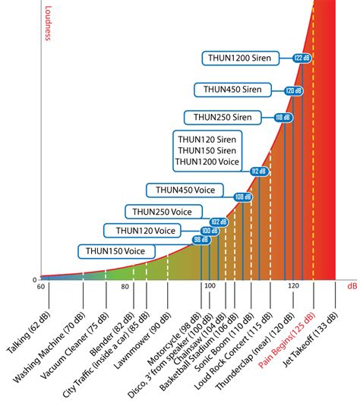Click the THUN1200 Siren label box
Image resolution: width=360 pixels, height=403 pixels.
pyautogui.click(x=240, y=58)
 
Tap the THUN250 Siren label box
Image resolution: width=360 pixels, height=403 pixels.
pyautogui.click(x=223, y=117)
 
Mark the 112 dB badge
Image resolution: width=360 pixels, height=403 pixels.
pyautogui.click(x=260, y=172)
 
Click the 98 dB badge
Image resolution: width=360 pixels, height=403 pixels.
pyautogui.click(x=201, y=240)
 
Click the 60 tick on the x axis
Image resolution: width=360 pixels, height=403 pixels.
pyautogui.click(x=41, y=286)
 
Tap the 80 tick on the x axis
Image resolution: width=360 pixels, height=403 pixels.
pyautogui.click(x=125, y=286)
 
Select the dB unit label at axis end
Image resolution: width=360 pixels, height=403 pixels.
pyautogui.click(x=352, y=286)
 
